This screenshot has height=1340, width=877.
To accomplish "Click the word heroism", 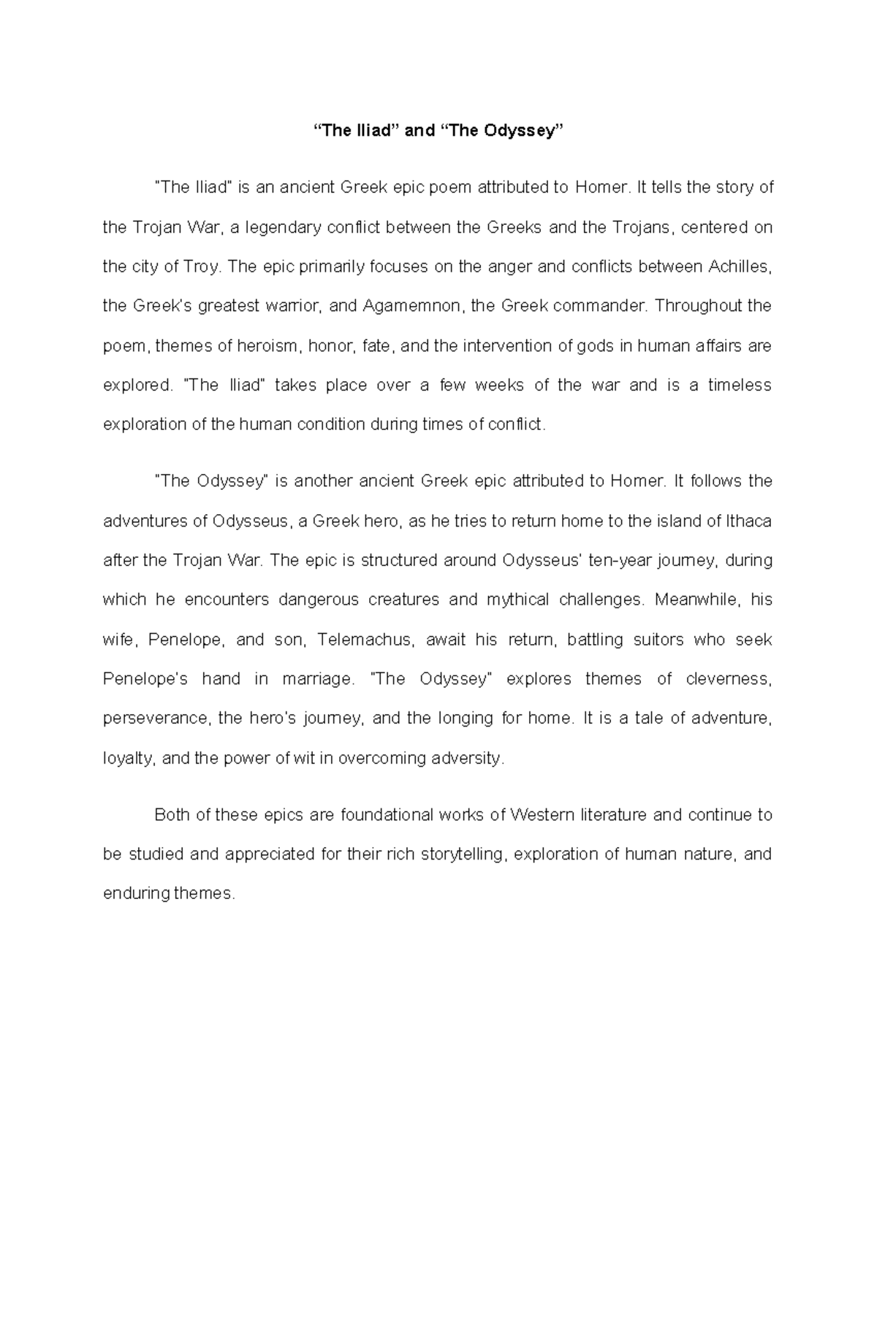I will click(x=267, y=345).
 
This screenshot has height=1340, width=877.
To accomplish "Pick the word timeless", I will click(x=739, y=385).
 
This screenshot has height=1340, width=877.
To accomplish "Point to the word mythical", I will click(x=517, y=600).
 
